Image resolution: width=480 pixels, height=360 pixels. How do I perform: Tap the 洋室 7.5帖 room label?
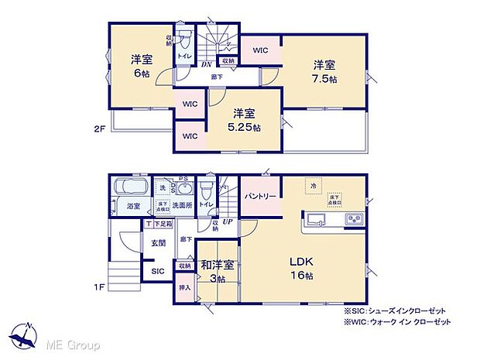[x=324, y=71]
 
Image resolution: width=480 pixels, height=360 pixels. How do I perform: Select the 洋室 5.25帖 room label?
[x=244, y=121]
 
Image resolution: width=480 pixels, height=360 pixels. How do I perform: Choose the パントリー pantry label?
[x=261, y=197]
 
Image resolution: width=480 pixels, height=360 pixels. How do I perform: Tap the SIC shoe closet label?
[x=158, y=271]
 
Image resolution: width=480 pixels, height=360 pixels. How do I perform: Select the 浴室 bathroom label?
[x=132, y=206]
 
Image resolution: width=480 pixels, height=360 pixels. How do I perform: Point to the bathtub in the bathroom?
[x=129, y=187]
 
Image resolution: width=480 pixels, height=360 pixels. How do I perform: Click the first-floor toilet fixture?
[x=206, y=189]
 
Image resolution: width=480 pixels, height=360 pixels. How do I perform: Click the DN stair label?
[x=207, y=66]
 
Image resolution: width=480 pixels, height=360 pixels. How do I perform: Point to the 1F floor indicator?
[x=98, y=288]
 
